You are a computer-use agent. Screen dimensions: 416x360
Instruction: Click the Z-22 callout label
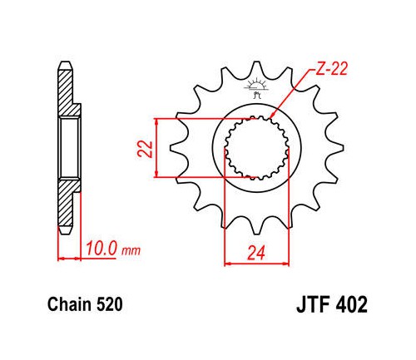click(331, 68)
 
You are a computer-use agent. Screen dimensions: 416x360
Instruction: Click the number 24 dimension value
click(256, 253)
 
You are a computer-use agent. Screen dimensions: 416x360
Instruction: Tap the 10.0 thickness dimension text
click(101, 248)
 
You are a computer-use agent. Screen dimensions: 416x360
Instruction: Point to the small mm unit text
click(131, 250)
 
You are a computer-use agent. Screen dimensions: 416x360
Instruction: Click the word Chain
click(69, 304)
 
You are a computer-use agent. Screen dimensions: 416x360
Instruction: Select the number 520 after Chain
click(110, 304)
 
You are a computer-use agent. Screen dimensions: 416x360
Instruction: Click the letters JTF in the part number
click(313, 304)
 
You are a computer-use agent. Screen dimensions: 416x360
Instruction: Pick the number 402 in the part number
click(351, 304)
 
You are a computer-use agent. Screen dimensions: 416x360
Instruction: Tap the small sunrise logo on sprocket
click(256, 87)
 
